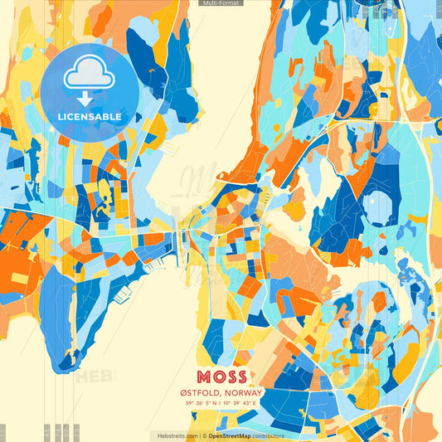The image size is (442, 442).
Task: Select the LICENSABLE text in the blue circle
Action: tap(89, 117)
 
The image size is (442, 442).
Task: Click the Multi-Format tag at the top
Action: tap(221, 3)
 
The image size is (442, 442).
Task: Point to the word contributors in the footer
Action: tap(269, 435)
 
